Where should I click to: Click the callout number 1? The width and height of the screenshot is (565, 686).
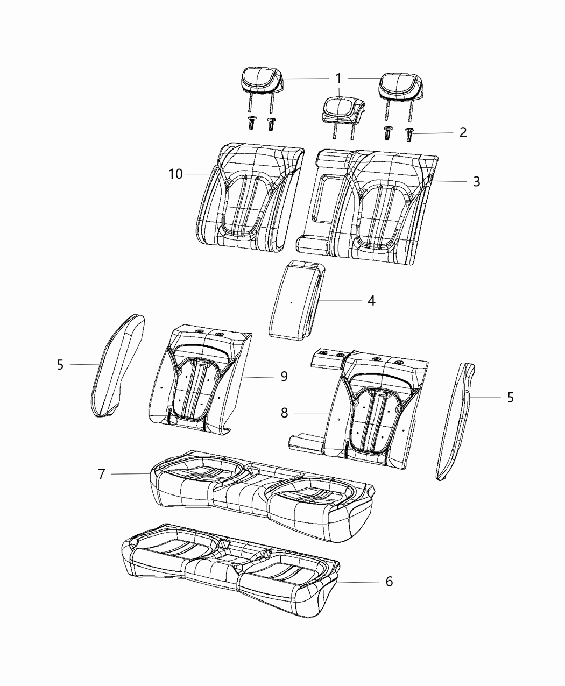click(338, 79)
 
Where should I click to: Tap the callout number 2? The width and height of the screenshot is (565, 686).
click(462, 132)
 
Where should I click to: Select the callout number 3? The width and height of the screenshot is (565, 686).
click(476, 182)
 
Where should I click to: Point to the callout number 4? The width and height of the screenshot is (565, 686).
click(371, 300)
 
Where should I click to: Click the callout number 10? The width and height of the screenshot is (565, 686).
click(175, 174)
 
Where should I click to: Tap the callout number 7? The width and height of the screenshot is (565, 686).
click(102, 473)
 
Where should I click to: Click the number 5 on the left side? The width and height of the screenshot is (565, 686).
click(60, 365)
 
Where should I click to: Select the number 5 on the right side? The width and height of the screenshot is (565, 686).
click(510, 397)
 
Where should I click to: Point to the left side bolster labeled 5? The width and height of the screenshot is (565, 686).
click(116, 366)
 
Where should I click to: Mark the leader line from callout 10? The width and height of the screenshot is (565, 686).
click(196, 174)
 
